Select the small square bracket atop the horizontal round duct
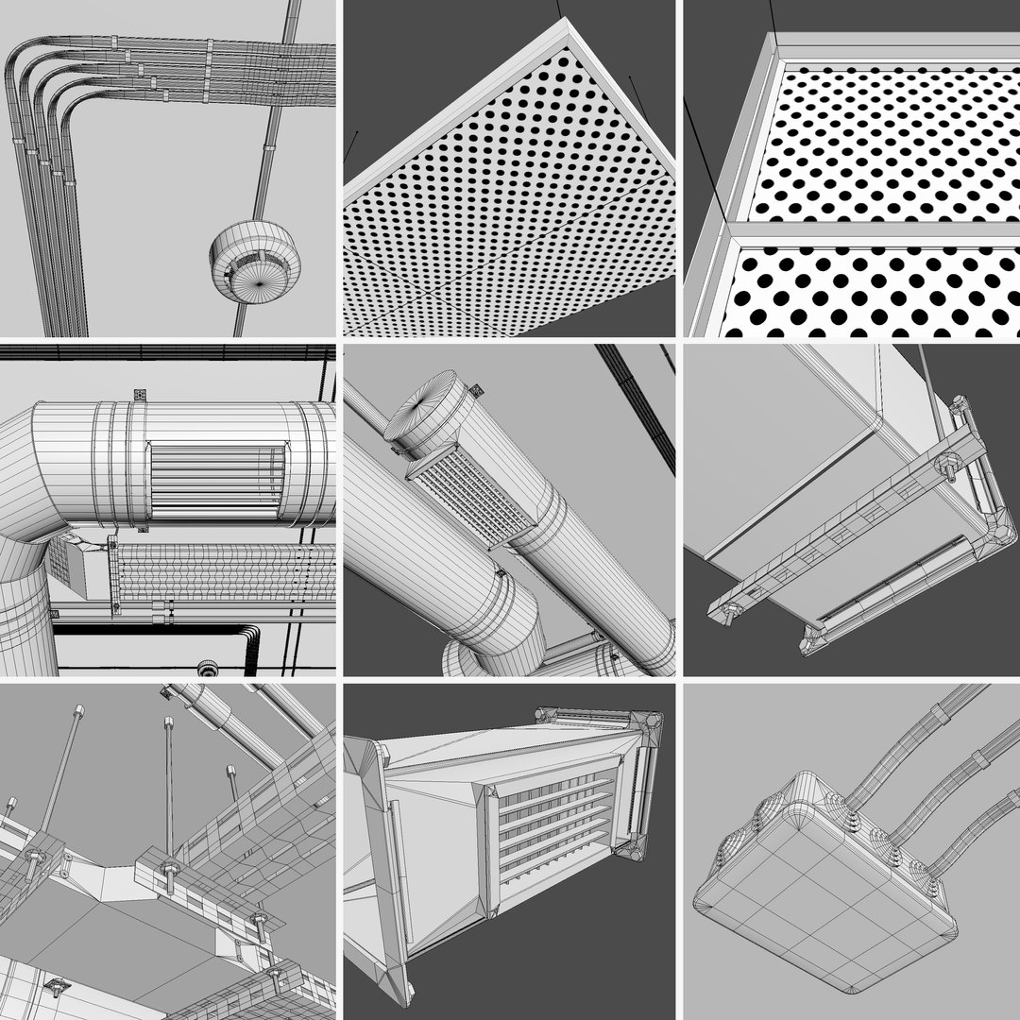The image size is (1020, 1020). (138, 394)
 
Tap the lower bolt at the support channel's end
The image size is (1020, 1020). (732, 611)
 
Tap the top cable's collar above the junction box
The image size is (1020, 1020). (940, 713)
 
